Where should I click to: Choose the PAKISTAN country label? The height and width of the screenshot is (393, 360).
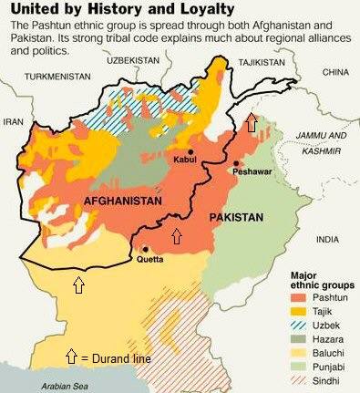(236, 218)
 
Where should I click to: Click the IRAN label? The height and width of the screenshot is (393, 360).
(15, 120)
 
